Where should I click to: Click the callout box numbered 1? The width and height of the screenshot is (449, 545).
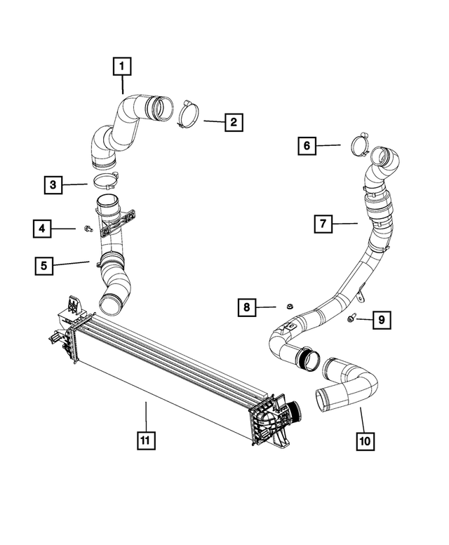click(121, 67)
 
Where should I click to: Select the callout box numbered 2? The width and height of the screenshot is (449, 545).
click(233, 122)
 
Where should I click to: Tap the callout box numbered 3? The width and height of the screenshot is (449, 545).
click(53, 185)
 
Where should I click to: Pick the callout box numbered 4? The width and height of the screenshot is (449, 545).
click(42, 228)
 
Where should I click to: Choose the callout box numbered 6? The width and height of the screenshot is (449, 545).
click(307, 146)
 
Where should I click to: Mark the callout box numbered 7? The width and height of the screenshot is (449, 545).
click(323, 224)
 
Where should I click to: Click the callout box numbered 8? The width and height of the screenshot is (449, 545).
click(246, 307)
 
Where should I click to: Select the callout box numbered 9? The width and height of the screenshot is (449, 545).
click(381, 321)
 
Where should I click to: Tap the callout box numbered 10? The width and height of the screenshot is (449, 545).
click(366, 440)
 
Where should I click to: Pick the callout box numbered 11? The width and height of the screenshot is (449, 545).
click(145, 440)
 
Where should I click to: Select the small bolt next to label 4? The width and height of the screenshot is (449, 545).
click(86, 229)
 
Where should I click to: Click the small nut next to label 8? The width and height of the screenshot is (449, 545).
click(288, 307)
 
